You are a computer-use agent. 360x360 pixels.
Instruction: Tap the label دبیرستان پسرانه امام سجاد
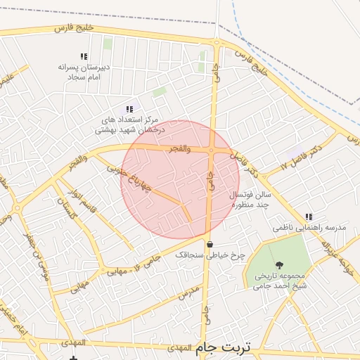[x=84, y=70]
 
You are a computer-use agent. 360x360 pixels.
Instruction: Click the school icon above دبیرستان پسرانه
[x=84, y=56]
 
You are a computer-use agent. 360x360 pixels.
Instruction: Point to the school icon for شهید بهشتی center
[x=129, y=109]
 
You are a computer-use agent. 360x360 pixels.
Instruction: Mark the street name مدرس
[x=189, y=293]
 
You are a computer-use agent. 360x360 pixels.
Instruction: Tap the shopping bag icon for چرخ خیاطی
[x=210, y=244]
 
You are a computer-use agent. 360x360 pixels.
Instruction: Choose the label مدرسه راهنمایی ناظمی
[x=309, y=229]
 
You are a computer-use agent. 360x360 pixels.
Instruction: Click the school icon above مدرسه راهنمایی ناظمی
[x=309, y=217]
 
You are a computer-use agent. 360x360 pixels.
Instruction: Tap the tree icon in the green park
[x=280, y=265]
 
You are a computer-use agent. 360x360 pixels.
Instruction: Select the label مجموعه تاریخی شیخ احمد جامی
[x=280, y=281]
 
